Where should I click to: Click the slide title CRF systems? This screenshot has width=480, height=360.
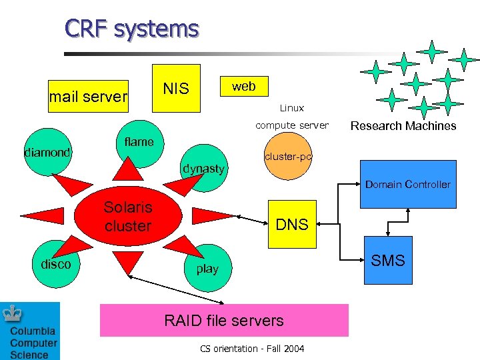[x=132, y=29]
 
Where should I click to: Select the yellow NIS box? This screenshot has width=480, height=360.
[x=176, y=88]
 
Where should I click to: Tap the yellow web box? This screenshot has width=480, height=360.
[x=243, y=85]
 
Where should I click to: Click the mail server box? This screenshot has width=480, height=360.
[x=88, y=97]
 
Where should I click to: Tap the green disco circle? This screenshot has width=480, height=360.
[x=56, y=264]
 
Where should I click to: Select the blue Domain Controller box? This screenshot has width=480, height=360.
[x=408, y=184]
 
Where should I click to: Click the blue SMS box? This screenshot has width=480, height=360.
[x=388, y=261]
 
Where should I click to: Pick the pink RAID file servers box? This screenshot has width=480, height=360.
[x=224, y=321]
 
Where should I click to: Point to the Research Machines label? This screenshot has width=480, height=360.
[x=403, y=125]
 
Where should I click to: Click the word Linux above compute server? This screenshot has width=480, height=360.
[x=292, y=107]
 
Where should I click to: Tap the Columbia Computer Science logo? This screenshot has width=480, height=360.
[x=30, y=331]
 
